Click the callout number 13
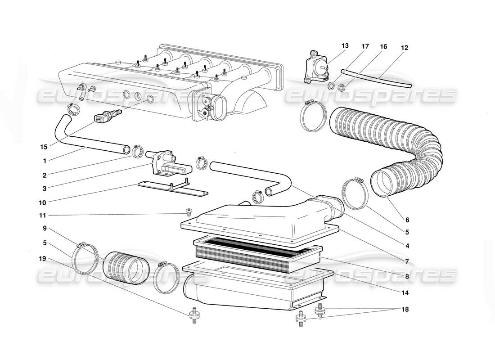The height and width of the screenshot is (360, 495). (345, 46)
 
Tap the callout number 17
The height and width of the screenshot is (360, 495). (364, 46)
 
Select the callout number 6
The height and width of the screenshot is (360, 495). (407, 220)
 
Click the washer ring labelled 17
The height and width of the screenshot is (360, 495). (332, 85)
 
